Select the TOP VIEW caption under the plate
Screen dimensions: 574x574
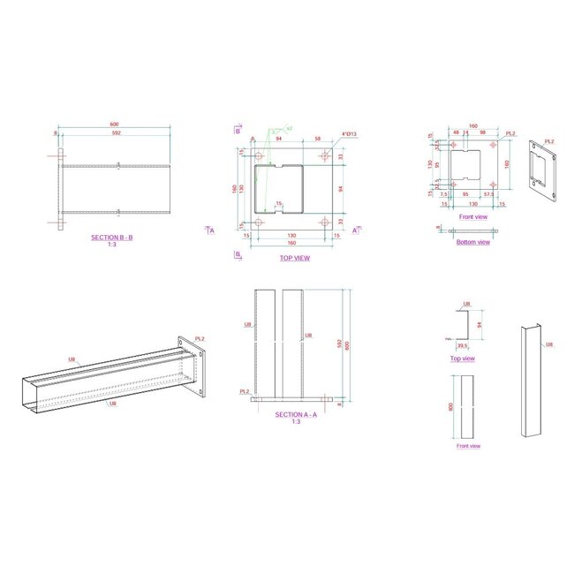pos(294,258)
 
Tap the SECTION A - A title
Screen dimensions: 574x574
pos(293,414)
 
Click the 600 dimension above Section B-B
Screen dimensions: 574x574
pos(114,124)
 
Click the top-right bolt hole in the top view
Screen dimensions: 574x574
pos(326,149)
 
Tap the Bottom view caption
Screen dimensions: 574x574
pos(473,242)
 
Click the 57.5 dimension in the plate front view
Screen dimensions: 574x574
pos(489,194)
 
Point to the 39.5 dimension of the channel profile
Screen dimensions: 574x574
pos(463,346)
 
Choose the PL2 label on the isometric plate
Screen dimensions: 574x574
pos(549,141)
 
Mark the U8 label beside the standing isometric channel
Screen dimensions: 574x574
pos(548,344)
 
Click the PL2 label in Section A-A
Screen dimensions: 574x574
pos(244,391)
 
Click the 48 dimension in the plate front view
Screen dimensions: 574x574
pos(456,133)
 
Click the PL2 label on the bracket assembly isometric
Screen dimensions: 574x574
pos(200,338)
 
